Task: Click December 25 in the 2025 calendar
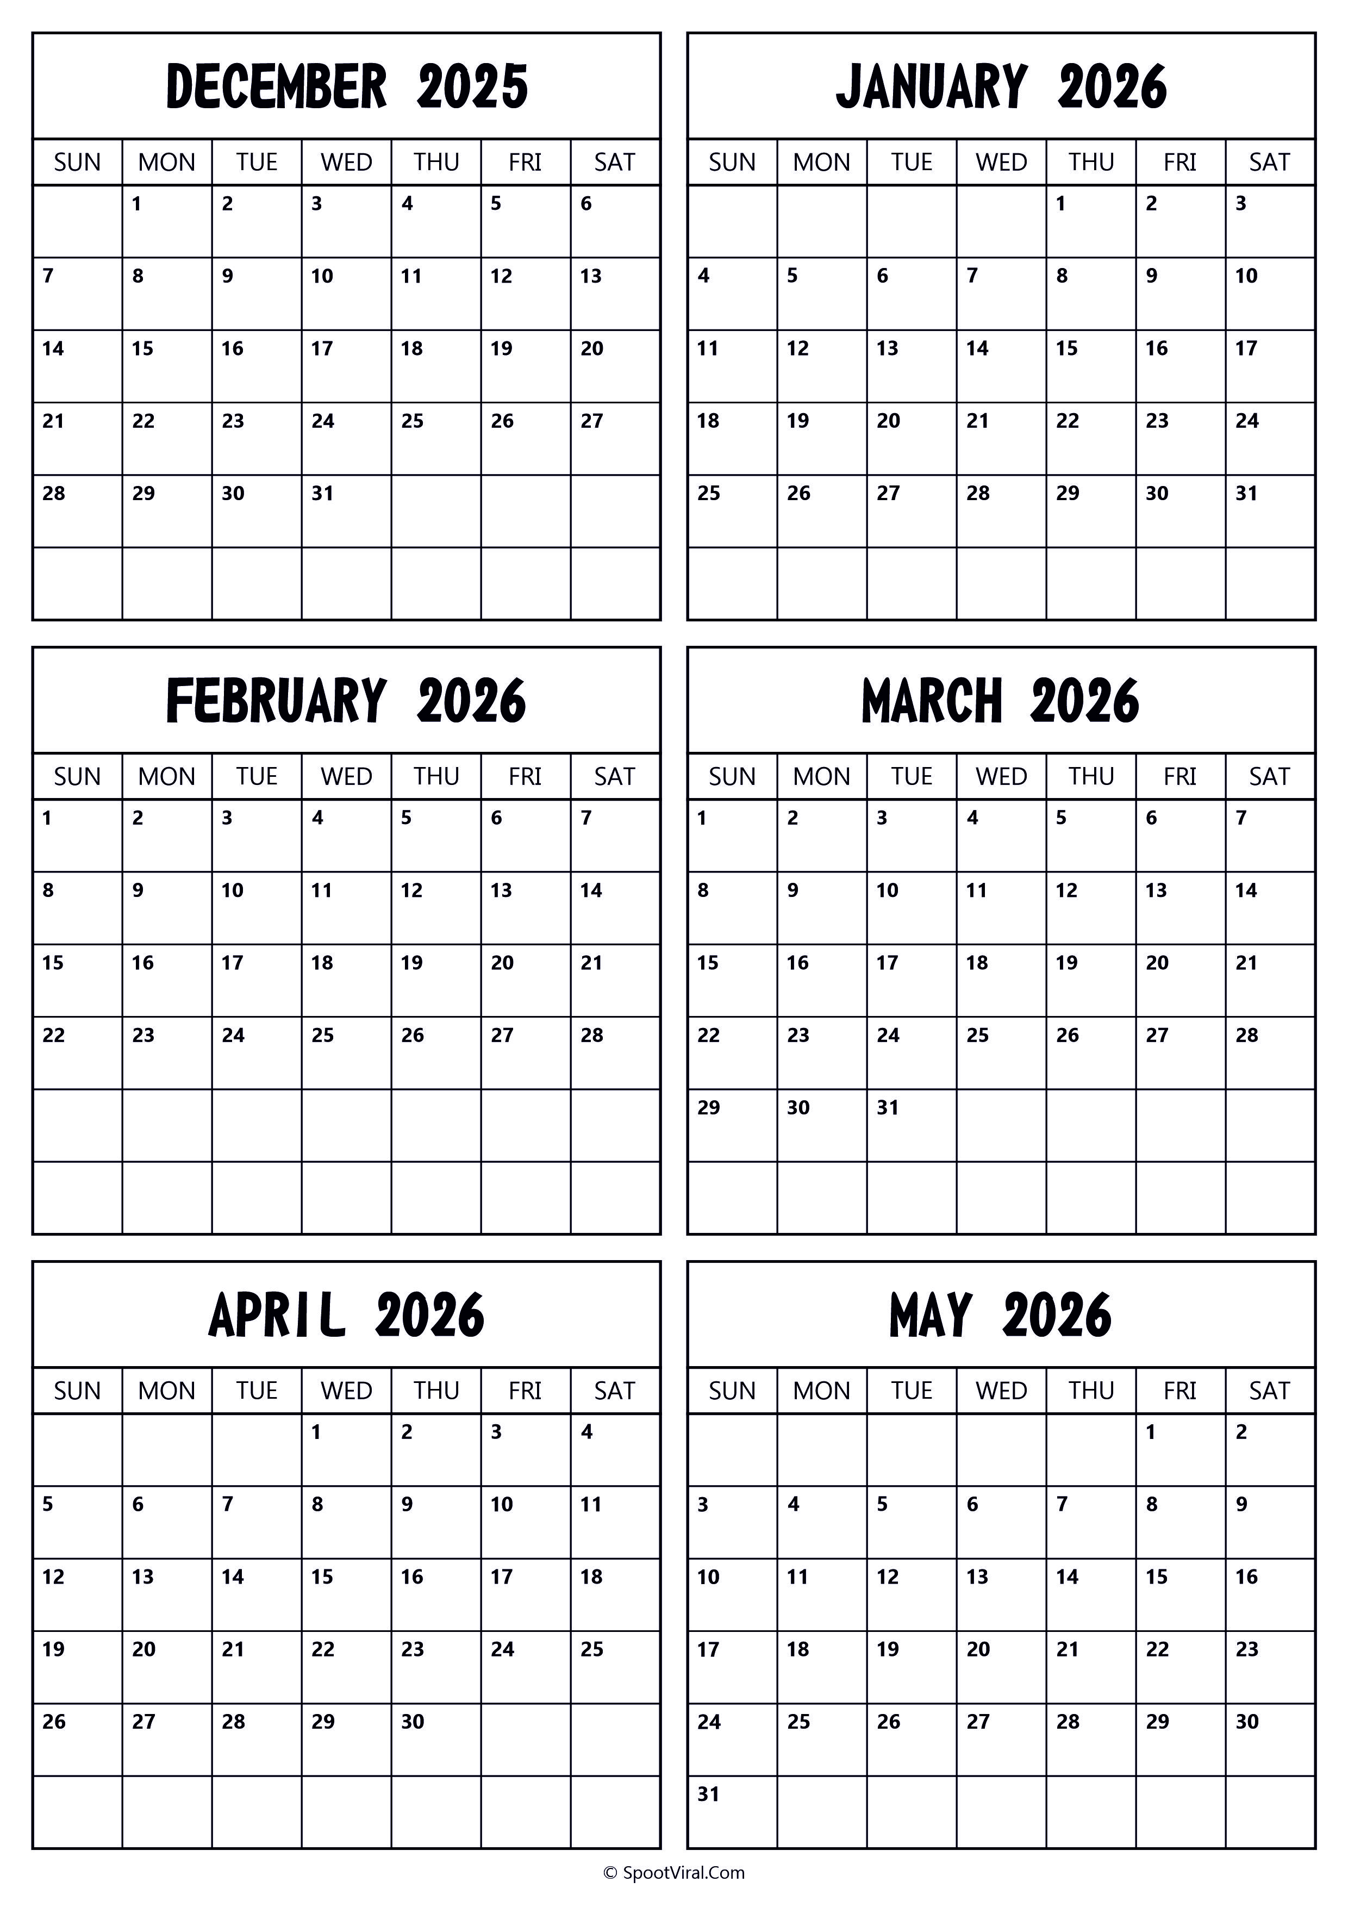(x=413, y=421)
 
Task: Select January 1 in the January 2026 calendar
(x=1060, y=203)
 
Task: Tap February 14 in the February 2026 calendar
(x=591, y=890)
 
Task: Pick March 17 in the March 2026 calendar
(x=887, y=963)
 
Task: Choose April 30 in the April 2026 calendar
(x=413, y=1722)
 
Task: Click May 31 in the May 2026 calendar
(x=708, y=1794)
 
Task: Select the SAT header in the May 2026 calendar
(x=1269, y=1391)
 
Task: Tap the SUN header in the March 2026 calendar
(x=732, y=777)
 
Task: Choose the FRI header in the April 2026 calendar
(x=525, y=1391)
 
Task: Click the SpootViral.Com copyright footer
(x=673, y=1873)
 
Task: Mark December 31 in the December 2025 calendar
(x=322, y=494)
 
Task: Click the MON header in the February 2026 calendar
(x=167, y=777)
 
